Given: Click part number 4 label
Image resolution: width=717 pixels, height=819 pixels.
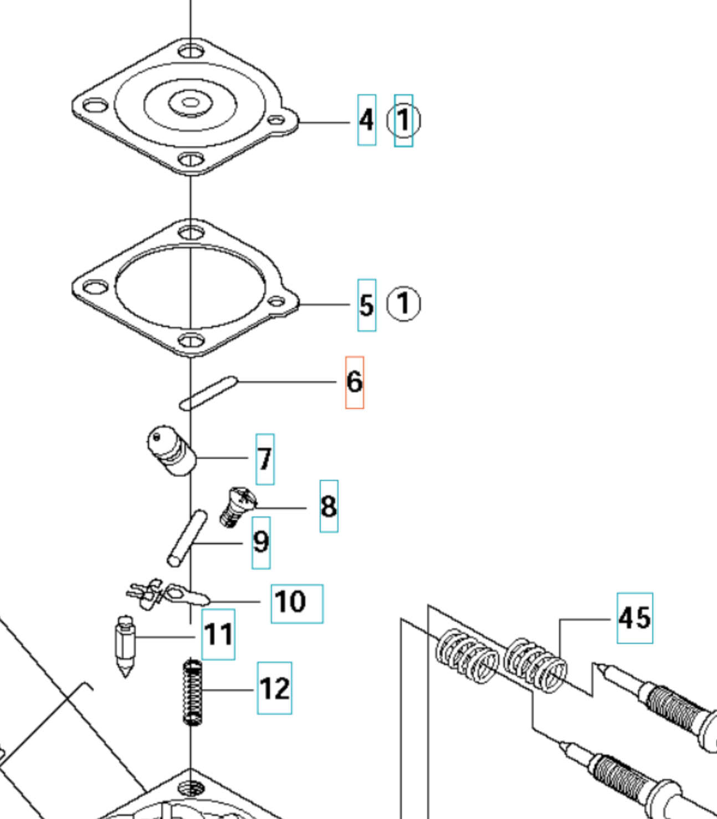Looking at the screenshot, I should pos(366,120).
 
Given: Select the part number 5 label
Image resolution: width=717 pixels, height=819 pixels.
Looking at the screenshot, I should pos(366,305).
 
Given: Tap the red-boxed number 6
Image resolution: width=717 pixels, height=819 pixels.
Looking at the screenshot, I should pos(355,382).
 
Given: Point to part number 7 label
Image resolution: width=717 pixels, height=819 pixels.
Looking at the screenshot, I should pos(265,459).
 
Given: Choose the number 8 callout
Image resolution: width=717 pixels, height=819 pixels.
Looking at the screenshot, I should pos(329,506).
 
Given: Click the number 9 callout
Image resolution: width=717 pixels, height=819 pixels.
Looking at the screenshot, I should pos(261,542).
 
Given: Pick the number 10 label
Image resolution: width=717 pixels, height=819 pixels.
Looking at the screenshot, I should pos(296,603).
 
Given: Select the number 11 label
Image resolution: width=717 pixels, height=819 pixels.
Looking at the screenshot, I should pos(218,634).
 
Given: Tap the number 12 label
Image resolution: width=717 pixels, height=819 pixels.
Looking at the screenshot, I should pos(274,688).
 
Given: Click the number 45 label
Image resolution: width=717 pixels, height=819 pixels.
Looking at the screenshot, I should pos(635,618).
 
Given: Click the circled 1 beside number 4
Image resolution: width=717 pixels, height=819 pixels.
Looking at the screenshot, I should pos(403,120).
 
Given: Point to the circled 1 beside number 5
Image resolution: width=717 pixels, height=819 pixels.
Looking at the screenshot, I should pos(403,304).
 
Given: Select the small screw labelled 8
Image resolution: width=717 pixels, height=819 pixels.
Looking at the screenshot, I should pos(237,506).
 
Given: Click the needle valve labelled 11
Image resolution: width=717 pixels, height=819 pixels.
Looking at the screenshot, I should pos(125,646).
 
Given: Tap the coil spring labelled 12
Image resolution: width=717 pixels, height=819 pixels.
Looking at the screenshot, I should pos(192,693).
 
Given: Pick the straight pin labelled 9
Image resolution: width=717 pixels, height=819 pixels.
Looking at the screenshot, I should pos(187,538).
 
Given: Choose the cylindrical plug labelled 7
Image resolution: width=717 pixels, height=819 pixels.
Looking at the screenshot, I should pos(172,451).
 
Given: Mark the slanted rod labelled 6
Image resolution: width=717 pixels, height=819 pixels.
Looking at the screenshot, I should pos(209,393).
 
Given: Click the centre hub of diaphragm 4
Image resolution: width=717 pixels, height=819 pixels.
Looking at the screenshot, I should pos(191,103).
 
